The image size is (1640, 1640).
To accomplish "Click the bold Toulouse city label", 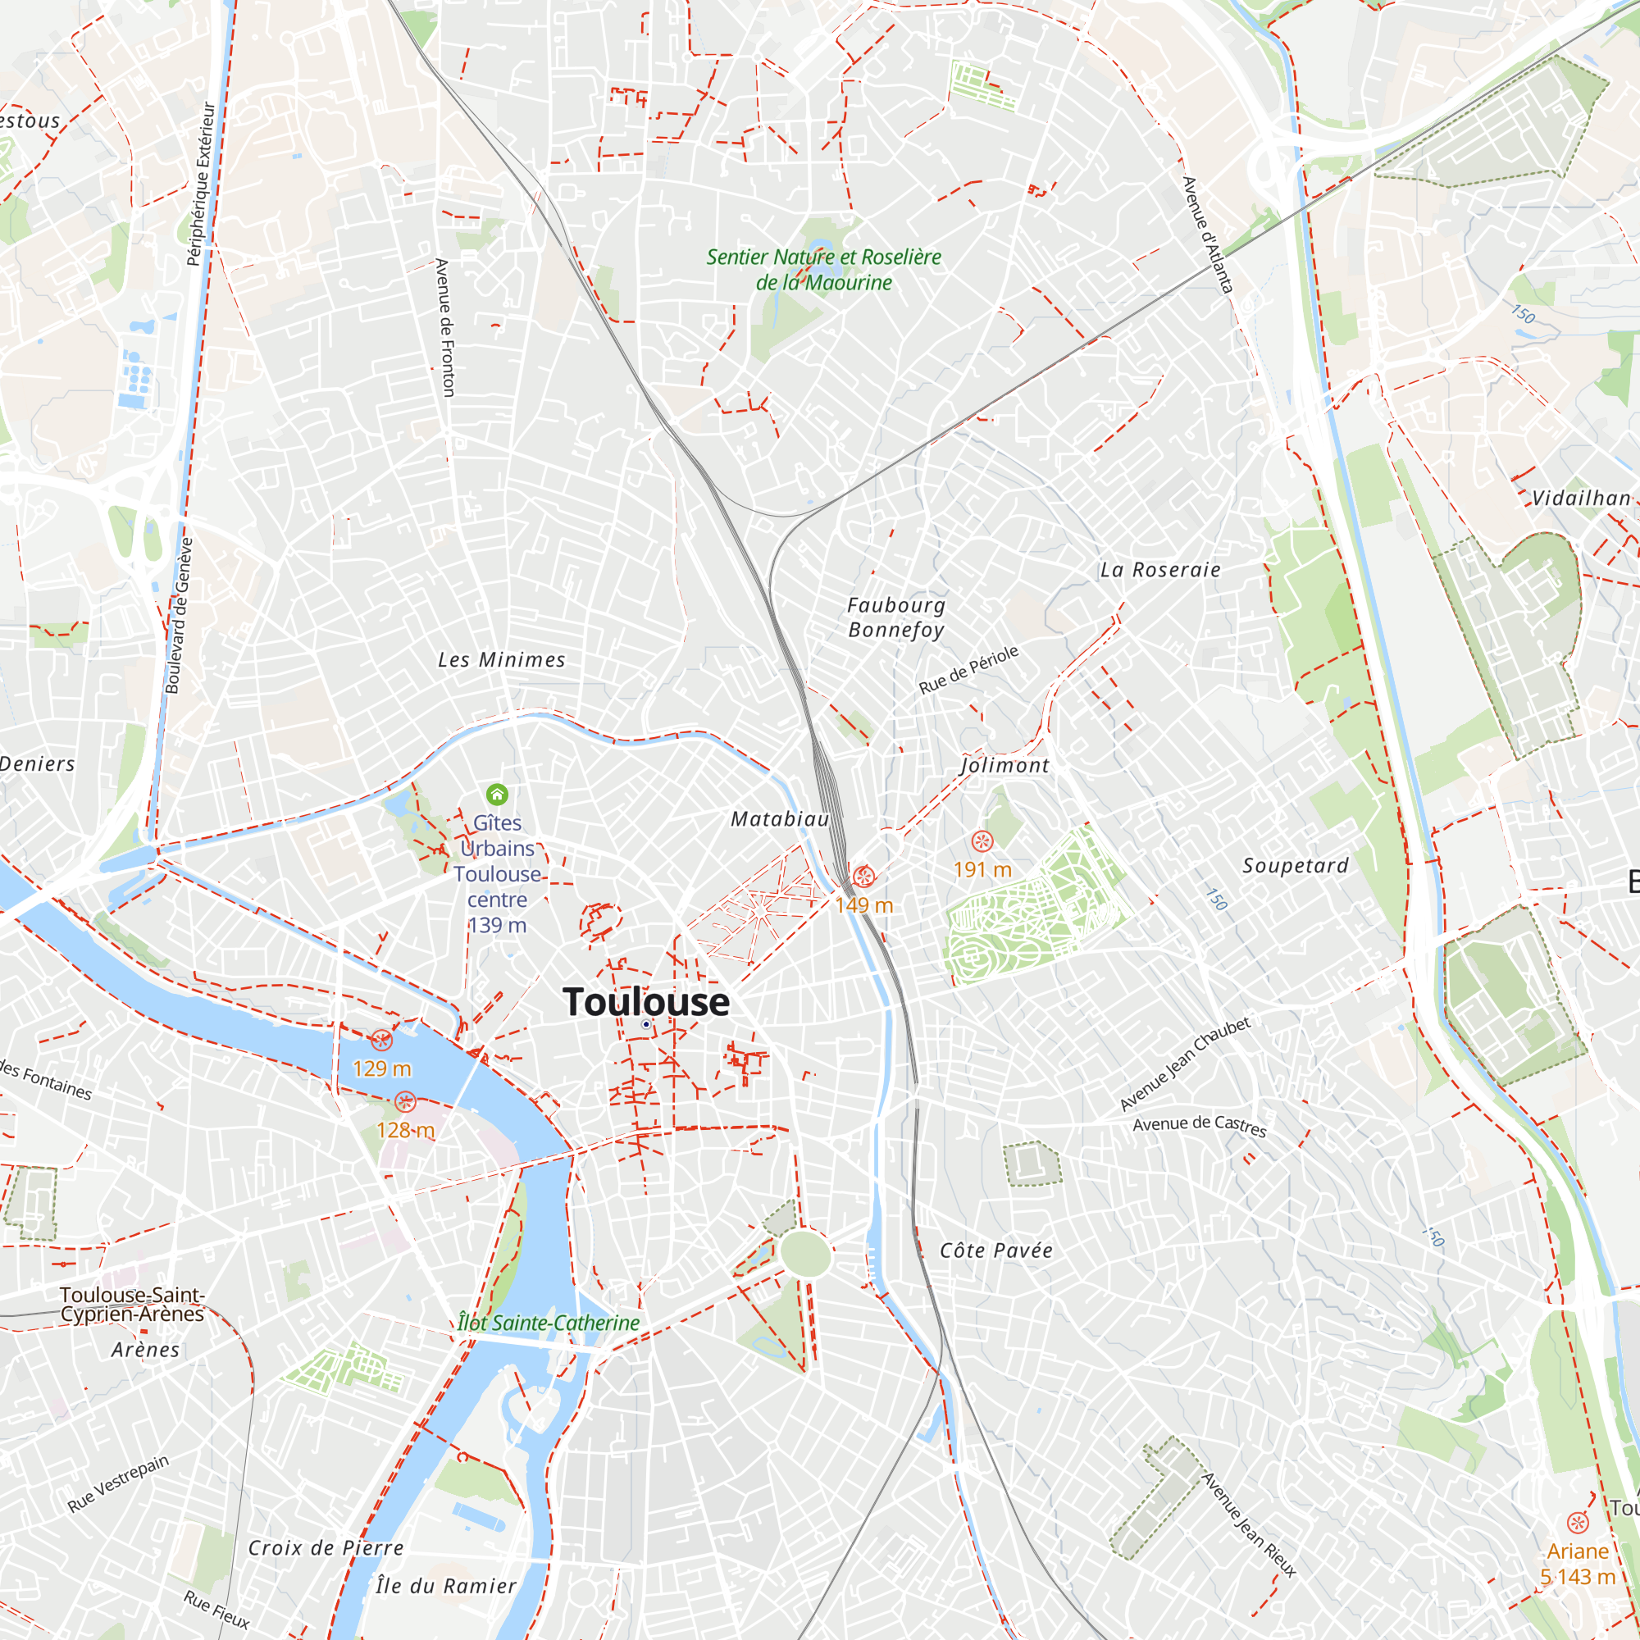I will [x=646, y=1002].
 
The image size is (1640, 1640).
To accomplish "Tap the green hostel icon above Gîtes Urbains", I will [x=498, y=795].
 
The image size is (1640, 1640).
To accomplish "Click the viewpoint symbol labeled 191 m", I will [x=982, y=841].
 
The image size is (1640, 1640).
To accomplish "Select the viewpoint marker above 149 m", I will [x=864, y=876].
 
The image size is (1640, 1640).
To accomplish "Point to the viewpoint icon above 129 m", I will [x=382, y=1040].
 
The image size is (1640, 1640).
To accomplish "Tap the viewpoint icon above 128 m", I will [x=406, y=1102].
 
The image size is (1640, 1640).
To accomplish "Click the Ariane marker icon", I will [x=1578, y=1523].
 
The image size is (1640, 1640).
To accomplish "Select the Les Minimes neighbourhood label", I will [x=502, y=659].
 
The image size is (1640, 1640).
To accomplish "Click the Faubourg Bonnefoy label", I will [x=896, y=617].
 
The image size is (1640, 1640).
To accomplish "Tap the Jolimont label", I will [x=1005, y=766].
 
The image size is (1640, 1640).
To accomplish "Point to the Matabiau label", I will [x=780, y=819].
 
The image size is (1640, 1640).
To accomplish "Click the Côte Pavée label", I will [x=996, y=1250].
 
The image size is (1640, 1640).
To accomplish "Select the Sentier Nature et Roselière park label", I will [x=824, y=269].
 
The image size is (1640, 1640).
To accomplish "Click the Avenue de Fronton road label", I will [x=444, y=328].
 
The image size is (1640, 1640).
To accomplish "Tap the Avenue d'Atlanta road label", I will [x=1208, y=235].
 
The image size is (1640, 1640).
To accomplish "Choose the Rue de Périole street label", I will [x=968, y=670].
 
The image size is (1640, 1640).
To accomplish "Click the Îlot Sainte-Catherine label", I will [x=549, y=1323].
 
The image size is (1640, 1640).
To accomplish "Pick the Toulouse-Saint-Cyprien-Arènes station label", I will [x=132, y=1304].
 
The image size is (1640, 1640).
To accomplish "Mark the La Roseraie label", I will [x=1160, y=570].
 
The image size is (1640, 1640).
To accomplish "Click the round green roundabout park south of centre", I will [x=805, y=1253].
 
